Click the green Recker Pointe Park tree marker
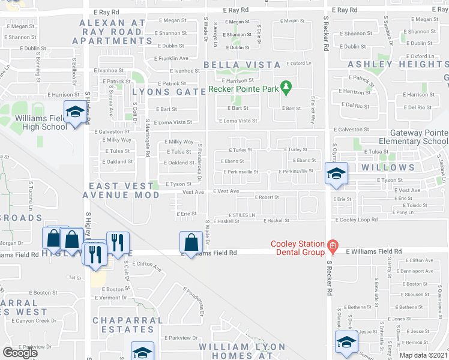point(286,88)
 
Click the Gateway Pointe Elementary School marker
point(336,175)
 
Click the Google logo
point(20,353)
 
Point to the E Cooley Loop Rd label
point(357,220)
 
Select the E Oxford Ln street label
point(300,63)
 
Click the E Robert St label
point(267,197)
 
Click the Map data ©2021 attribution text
point(423,355)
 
